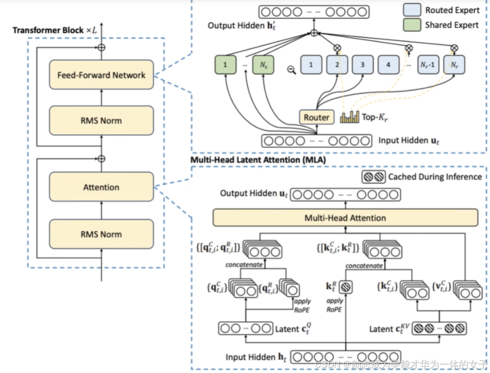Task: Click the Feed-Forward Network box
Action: (101, 75)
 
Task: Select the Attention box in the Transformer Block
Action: (101, 187)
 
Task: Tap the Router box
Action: (316, 117)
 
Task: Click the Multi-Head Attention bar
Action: (345, 218)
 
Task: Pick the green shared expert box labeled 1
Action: (225, 64)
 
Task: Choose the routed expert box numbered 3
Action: (363, 64)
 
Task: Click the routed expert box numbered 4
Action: (389, 64)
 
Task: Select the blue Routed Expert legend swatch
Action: (413, 10)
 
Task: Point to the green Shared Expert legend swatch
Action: (413, 25)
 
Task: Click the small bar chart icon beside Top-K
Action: (349, 117)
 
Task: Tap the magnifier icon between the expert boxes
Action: (292, 70)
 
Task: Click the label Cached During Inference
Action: (435, 177)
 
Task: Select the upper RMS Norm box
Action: (101, 120)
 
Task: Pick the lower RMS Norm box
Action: (101, 234)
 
